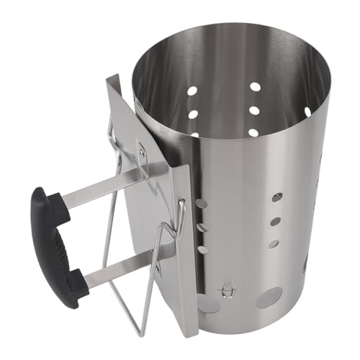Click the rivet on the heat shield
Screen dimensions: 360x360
[x=142, y=153]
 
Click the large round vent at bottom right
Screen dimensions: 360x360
[x=268, y=297]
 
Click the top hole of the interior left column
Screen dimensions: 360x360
[x=193, y=92]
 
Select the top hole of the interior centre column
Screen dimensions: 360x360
[x=255, y=86]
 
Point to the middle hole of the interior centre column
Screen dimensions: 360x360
[x=254, y=111]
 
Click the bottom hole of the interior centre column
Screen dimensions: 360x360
[x=254, y=132]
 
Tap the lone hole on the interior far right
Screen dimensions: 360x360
[x=307, y=112]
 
